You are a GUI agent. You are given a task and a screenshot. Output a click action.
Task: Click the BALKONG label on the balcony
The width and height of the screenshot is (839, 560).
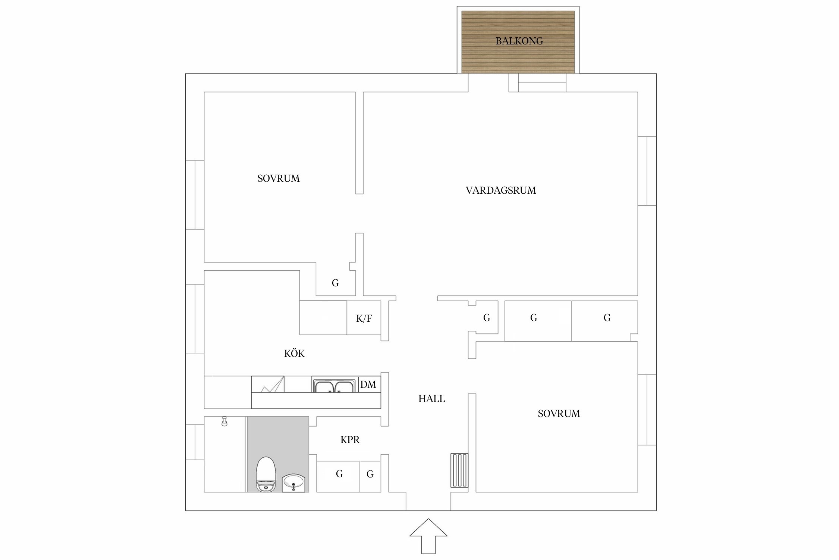519,41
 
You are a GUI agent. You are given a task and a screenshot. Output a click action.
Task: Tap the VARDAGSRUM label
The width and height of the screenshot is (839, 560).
501,190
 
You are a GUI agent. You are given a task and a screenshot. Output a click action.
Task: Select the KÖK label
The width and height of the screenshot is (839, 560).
294,353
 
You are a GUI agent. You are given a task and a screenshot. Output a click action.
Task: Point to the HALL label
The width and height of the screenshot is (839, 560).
431,399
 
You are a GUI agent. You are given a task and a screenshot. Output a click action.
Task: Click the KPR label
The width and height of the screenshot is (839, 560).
350,440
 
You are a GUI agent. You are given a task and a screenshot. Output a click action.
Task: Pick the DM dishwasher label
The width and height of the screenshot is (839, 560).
368,385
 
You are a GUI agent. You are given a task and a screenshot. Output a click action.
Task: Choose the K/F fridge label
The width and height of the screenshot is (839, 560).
364,318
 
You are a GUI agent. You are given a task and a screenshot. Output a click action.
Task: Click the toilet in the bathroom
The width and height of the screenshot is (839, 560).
266,474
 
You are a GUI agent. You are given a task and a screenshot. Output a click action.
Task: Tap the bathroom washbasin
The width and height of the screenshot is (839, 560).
293,483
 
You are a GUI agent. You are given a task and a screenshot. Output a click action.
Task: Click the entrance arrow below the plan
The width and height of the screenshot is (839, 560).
428,536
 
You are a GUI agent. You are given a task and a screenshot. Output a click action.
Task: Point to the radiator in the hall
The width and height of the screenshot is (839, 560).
459,470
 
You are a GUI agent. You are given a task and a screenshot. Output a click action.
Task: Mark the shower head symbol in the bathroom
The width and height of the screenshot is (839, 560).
224,421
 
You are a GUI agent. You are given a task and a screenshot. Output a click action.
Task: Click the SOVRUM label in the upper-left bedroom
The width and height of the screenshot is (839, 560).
279,178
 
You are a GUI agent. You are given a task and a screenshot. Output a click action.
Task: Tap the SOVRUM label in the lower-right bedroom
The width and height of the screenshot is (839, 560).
559,414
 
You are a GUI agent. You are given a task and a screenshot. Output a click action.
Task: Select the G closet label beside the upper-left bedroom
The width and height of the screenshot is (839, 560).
335,283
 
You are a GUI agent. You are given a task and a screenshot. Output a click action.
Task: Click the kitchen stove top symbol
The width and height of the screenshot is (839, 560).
268,384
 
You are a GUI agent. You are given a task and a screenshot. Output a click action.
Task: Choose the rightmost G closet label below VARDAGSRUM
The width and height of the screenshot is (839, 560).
607,318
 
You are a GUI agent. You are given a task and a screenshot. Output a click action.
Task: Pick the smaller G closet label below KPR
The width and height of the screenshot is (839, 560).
370,474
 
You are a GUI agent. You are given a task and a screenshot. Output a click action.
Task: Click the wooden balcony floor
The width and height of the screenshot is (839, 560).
518,42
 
